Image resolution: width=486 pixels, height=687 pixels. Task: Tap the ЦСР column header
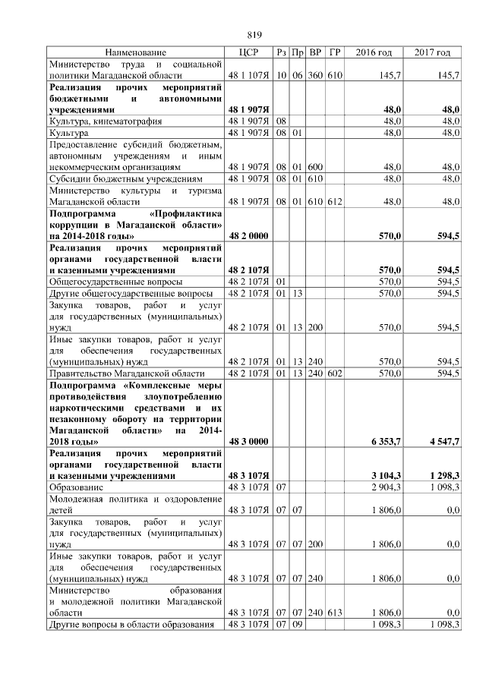(x=248, y=52)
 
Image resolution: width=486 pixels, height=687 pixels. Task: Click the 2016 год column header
(x=374, y=52)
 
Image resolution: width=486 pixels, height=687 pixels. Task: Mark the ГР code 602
(x=335, y=373)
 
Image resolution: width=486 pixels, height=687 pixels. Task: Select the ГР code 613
(x=335, y=612)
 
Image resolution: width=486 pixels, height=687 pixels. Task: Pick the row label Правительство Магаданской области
(x=125, y=373)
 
